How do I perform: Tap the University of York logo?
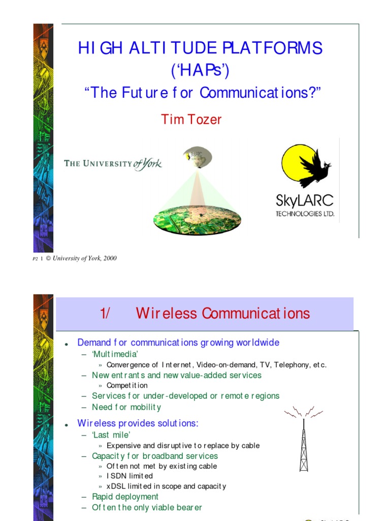click(113, 164)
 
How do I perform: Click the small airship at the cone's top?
click(198, 156)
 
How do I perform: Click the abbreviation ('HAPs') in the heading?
click(200, 70)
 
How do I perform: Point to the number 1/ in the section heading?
click(106, 313)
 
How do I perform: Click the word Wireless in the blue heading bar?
click(166, 313)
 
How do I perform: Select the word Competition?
click(127, 385)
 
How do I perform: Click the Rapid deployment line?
click(125, 497)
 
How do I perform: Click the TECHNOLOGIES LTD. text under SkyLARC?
click(305, 214)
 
